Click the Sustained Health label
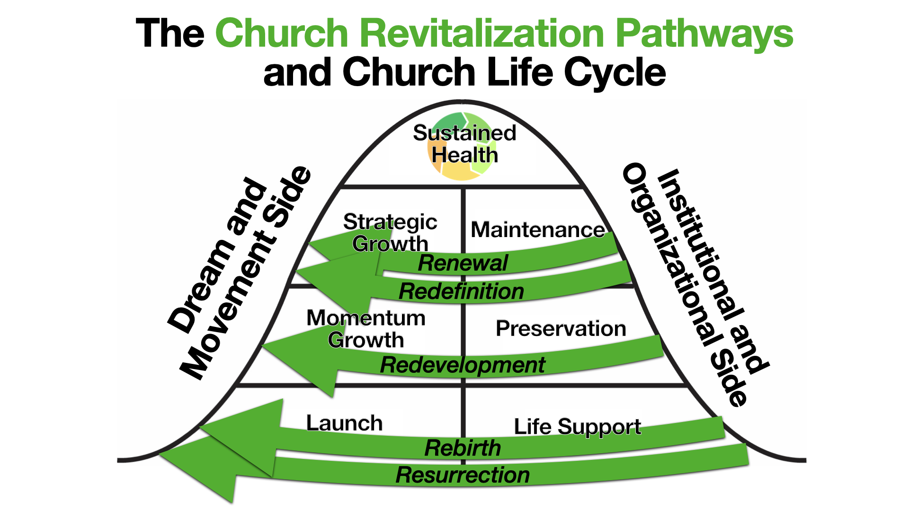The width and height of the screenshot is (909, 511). click(x=464, y=144)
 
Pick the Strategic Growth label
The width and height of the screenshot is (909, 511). click(x=390, y=232)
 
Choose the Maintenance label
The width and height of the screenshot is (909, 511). click(x=537, y=230)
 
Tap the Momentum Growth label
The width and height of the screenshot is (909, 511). click(x=366, y=329)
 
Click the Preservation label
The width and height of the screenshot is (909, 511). click(x=561, y=328)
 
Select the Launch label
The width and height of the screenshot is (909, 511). click(x=344, y=423)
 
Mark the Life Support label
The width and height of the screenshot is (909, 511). click(x=578, y=427)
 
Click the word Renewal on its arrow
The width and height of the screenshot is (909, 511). click(x=463, y=264)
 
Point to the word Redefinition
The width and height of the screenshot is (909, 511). click(x=461, y=291)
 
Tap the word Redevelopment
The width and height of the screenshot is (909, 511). click(x=463, y=365)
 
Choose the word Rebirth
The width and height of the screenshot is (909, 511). click(x=463, y=448)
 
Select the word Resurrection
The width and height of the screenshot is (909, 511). click(x=463, y=475)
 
